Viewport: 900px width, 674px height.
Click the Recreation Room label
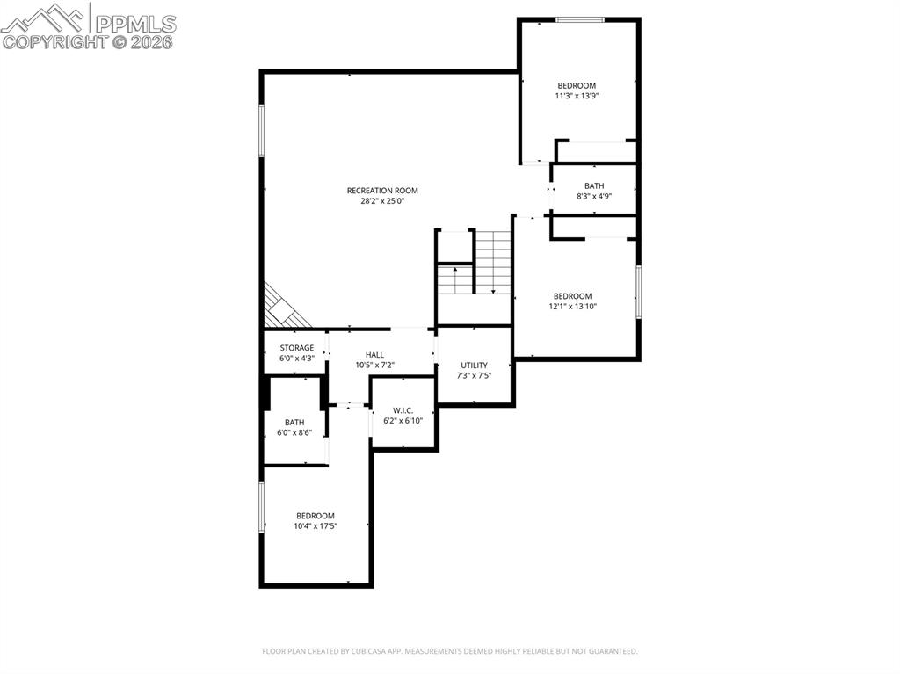382,191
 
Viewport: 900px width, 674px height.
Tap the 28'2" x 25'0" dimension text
382,201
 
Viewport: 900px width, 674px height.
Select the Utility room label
474,366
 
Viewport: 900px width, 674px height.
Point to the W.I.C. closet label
403,410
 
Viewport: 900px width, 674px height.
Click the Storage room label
297,348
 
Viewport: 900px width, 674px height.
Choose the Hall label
374,355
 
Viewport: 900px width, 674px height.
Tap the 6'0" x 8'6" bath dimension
294,433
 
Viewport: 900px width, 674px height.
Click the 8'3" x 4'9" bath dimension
594,196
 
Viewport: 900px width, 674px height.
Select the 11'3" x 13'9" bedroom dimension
577,96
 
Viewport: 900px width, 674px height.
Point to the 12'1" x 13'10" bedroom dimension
573,307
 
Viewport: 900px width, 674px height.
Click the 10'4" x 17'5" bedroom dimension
316,525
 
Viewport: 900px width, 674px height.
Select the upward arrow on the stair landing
455,279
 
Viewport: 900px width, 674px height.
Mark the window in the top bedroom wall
580,20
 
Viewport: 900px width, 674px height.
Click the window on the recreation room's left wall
261,130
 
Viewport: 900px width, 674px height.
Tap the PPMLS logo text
135,24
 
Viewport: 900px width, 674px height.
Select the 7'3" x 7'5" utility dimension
474,375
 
